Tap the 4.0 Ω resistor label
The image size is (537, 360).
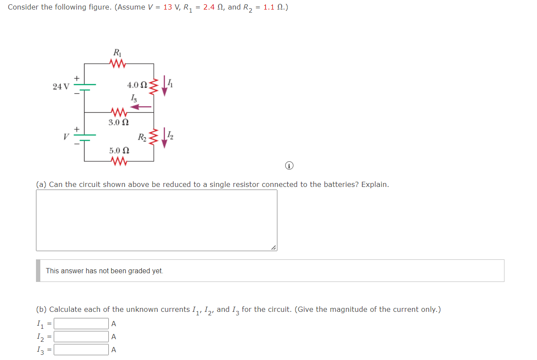click(x=137, y=85)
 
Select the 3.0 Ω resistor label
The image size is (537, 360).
click(x=118, y=122)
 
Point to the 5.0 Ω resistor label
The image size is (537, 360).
click(x=119, y=151)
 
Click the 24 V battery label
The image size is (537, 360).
click(x=60, y=86)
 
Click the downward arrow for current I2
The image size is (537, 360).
click(x=164, y=138)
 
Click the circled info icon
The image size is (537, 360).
click(x=290, y=165)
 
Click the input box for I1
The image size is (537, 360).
click(x=81, y=324)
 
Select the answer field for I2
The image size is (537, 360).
click(x=81, y=337)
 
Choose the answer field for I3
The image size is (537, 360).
click(x=81, y=350)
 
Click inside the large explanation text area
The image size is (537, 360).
click(x=156, y=220)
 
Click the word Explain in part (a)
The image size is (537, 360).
click(x=374, y=184)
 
